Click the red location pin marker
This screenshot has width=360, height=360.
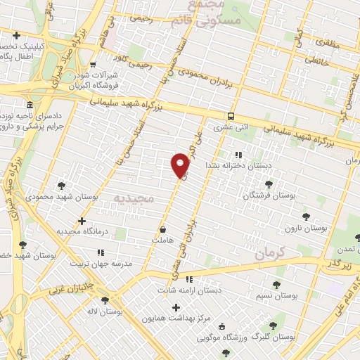181,165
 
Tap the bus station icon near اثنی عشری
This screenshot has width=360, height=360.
231,117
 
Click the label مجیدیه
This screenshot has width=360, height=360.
133,199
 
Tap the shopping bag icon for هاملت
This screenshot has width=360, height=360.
163,229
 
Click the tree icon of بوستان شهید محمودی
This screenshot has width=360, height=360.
61,186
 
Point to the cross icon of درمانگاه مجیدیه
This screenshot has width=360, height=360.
82,221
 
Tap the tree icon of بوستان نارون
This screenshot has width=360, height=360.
304,217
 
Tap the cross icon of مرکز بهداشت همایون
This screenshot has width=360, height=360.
176,307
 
